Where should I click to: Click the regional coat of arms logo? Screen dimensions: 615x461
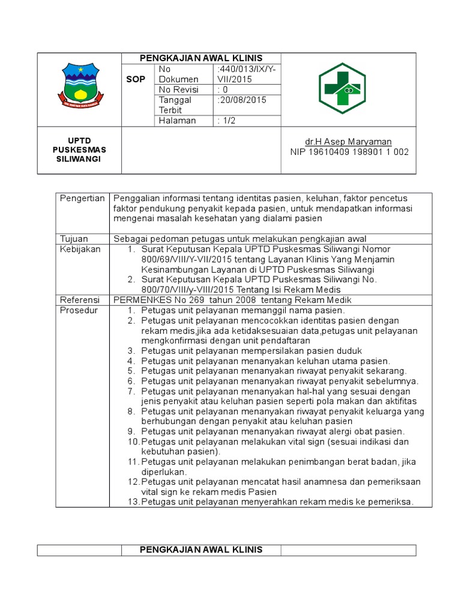click(x=80, y=89)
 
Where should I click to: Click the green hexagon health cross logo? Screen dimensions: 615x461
click(x=341, y=89)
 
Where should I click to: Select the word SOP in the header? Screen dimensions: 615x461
click(x=135, y=79)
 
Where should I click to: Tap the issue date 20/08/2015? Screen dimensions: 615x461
click(x=241, y=100)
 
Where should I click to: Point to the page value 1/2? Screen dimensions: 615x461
click(x=227, y=121)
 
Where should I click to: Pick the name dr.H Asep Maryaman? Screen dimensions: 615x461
click(x=348, y=142)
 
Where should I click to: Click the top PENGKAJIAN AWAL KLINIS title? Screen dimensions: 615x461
click(x=201, y=58)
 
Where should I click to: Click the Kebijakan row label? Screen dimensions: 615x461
click(x=79, y=249)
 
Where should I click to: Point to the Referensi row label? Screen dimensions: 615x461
click(x=79, y=300)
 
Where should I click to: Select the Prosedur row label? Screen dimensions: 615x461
click(x=78, y=310)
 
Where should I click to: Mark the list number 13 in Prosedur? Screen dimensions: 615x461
click(x=133, y=502)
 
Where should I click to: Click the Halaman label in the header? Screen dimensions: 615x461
click(x=177, y=121)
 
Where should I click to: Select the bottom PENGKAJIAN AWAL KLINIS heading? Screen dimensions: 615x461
click(x=201, y=550)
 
